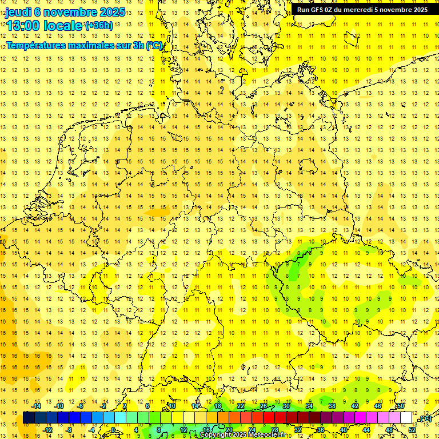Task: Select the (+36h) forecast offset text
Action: click(x=98, y=26)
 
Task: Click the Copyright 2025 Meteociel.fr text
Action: click(x=242, y=435)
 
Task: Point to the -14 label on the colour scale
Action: click(x=38, y=406)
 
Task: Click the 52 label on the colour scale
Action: click(x=412, y=430)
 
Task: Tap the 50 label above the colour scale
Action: click(x=401, y=406)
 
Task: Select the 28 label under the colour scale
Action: click(x=274, y=430)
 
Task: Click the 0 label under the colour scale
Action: click(x=114, y=430)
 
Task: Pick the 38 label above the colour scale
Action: click(x=332, y=406)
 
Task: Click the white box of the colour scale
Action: click(x=406, y=418)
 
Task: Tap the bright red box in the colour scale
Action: click(x=269, y=418)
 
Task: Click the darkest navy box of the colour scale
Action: click(x=29, y=418)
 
